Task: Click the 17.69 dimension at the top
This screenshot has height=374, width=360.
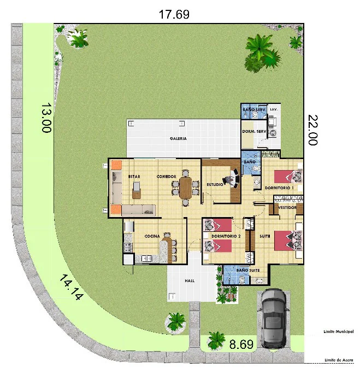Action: tap(174, 14)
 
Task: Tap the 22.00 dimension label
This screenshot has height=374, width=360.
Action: tap(313, 130)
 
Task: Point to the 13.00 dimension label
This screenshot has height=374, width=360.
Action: tap(46, 118)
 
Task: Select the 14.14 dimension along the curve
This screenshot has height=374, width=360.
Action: tap(71, 287)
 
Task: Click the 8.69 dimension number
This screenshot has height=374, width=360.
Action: tap(241, 344)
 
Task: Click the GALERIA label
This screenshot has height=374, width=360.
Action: tap(178, 138)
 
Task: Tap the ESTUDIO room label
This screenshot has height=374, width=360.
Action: tap(215, 184)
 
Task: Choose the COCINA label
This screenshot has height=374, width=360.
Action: tap(152, 236)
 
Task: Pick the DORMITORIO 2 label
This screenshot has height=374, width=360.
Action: tap(226, 236)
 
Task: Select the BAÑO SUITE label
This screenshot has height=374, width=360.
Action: tap(248, 270)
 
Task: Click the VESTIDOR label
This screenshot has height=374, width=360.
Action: tap(287, 208)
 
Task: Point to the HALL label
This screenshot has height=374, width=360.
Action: tap(190, 281)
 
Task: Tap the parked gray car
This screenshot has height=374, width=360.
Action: tap(274, 319)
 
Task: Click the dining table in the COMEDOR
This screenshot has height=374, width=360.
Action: tap(186, 188)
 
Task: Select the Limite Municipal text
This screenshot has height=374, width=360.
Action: tap(339, 331)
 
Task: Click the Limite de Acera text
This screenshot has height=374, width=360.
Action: tap(339, 360)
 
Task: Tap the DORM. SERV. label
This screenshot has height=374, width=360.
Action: tap(254, 131)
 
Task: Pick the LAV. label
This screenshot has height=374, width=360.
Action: tap(274, 109)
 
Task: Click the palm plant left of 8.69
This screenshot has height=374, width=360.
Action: tap(216, 340)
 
